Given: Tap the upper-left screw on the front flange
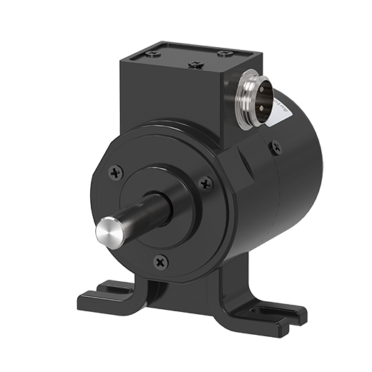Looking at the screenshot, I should (117, 172).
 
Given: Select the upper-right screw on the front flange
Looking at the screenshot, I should (206, 183).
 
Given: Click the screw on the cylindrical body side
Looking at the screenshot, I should (276, 148).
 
